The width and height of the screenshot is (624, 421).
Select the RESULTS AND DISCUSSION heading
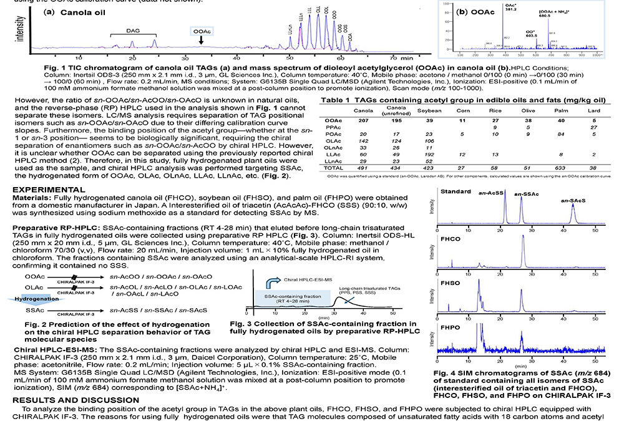coord(68,400)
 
